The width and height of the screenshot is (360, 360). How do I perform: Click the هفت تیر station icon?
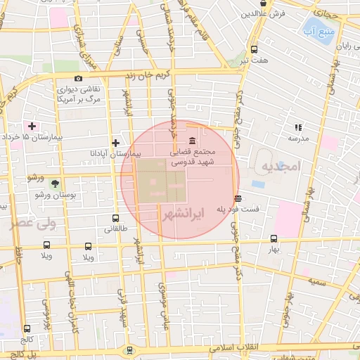click(x=254, y=50)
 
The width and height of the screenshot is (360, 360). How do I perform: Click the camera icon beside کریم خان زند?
click(x=78, y=78)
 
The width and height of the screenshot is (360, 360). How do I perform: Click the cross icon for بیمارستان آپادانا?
click(x=116, y=143)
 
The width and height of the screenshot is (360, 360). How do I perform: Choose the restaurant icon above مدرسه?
click(x=298, y=127)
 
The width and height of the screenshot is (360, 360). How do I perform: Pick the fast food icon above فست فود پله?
click(x=239, y=198)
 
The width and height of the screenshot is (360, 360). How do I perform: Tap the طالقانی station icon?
click(x=115, y=218)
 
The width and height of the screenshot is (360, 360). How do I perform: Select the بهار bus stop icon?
click(x=274, y=239)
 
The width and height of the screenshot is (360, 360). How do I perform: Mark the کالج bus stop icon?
click(x=27, y=328)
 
